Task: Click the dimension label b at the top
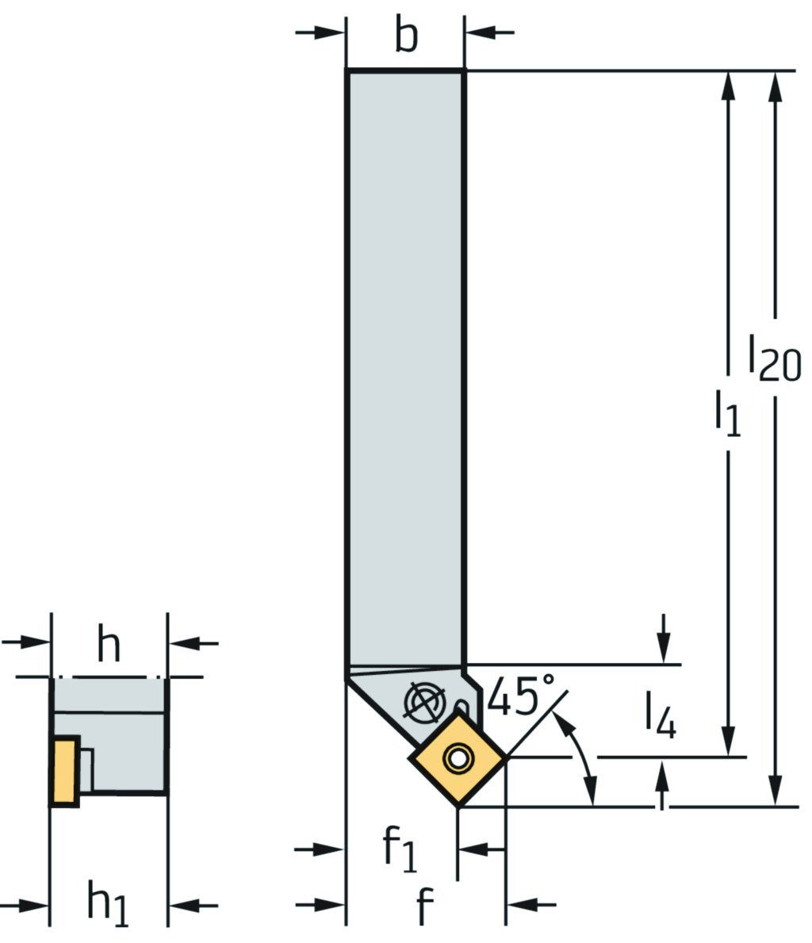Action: (x=406, y=36)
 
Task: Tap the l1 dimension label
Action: (x=727, y=412)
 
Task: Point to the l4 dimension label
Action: (x=660, y=715)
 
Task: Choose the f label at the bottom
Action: (x=426, y=906)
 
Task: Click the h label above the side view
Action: (x=109, y=645)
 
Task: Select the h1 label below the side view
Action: (x=108, y=904)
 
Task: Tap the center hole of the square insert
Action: (x=458, y=758)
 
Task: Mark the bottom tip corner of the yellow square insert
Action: (x=458, y=806)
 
